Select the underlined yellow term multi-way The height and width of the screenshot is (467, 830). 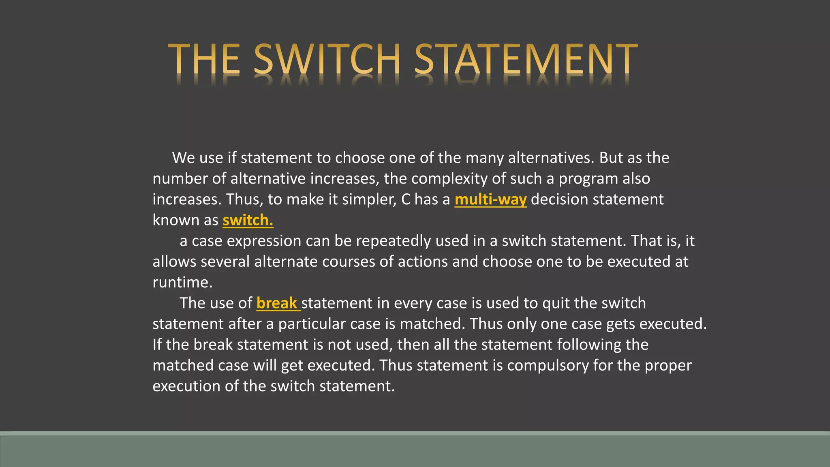(490, 199)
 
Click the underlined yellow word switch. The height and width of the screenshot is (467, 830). (248, 220)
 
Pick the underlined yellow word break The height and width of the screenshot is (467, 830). (277, 303)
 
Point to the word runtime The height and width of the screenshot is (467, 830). (182, 283)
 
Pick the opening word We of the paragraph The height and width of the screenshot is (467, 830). (184, 158)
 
